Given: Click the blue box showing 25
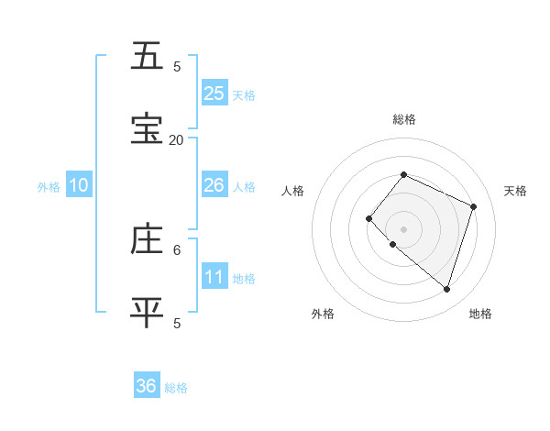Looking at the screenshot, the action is pos(214,94).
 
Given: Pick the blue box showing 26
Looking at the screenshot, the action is pos(214,185).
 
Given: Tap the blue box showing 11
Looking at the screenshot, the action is pos(214,277).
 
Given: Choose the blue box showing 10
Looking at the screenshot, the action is pos(79,185).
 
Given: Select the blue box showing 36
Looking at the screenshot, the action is pos(147,386).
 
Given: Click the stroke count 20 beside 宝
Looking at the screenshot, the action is pos(176,139).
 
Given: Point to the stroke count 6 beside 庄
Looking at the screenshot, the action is pos(177,249).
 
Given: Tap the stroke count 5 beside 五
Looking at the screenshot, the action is pos(177,66).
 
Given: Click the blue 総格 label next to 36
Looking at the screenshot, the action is pos(176,388).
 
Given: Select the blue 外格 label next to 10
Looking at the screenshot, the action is pos(49,187).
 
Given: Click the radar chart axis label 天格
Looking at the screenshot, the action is pos(515,191).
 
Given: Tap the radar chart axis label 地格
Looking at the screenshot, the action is pos(480,314).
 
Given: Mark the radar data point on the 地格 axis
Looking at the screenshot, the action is pos(446,290).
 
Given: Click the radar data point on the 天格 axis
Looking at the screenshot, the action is pos(474,206).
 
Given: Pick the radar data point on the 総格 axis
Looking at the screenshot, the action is pos(403,174).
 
